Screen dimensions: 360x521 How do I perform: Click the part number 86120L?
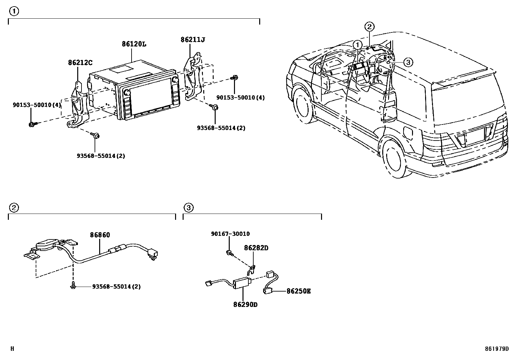coord(134,44)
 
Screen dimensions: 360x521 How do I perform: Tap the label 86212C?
coord(80,62)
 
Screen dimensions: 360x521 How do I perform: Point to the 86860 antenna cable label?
coord(100,235)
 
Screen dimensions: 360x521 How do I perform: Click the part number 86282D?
coord(256,248)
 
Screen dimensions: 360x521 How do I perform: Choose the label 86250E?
coord(298,291)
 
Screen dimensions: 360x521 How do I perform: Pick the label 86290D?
coord(245,305)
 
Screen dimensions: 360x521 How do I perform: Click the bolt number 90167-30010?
coord(230,234)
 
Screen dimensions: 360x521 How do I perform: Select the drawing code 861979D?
coord(497,349)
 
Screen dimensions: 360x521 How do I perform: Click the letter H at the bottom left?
coord(12,349)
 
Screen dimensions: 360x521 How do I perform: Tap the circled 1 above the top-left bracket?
coord(14,11)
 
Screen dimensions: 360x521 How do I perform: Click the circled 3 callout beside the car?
coord(408,62)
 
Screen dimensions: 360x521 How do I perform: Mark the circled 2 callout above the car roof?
coord(369,27)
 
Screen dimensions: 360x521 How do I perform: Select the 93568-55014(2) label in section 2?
coord(116,287)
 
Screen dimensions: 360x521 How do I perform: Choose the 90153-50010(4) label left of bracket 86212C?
coord(37,105)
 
